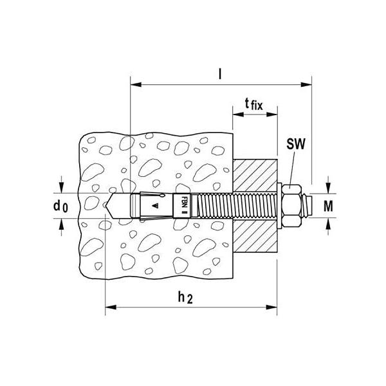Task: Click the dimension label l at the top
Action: coord(220,74)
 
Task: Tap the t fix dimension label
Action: coord(254,104)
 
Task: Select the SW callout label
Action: coord(296,144)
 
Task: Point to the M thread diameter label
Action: coord(328,206)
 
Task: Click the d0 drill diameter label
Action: coord(60,206)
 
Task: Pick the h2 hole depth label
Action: coord(185,297)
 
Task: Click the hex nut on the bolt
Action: coord(292,206)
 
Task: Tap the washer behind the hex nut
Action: coord(279,206)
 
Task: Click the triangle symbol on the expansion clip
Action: coord(155,206)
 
